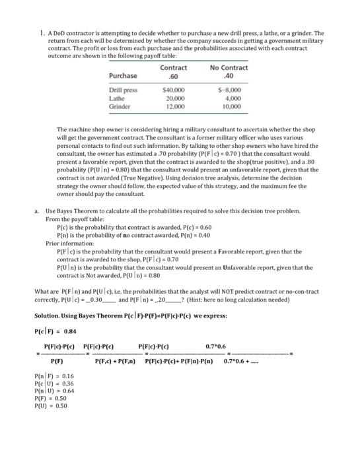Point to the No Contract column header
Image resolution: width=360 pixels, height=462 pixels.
229,68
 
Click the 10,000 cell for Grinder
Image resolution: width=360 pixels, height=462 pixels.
229,106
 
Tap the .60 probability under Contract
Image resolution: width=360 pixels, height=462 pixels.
174,75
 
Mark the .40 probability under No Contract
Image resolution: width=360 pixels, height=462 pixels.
229,75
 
